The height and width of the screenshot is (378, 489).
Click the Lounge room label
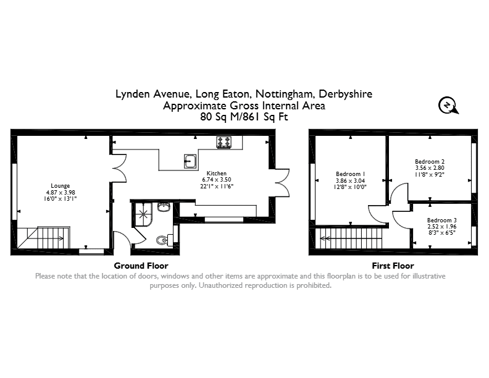pos(60,186)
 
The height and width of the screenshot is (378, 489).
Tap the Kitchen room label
pos(217,174)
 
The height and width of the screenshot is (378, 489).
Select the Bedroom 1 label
pos(350,174)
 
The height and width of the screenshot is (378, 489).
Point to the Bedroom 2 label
pos(430,162)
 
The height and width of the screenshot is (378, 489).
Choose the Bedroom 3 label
pos(442,220)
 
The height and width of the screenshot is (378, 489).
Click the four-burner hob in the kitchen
pos(224,142)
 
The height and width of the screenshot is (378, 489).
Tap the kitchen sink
pos(190,161)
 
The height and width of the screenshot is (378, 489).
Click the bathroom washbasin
pos(164,207)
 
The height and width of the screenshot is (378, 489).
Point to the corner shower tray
pos(143,214)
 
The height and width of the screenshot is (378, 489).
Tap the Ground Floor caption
pos(141,266)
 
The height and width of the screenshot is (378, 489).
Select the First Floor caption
pos(393,266)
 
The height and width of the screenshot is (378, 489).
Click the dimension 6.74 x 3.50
pos(217,180)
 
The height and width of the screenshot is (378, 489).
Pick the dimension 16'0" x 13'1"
pos(60,199)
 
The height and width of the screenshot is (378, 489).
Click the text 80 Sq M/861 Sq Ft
pos(244,117)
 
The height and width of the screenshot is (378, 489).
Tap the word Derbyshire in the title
pos(346,94)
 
